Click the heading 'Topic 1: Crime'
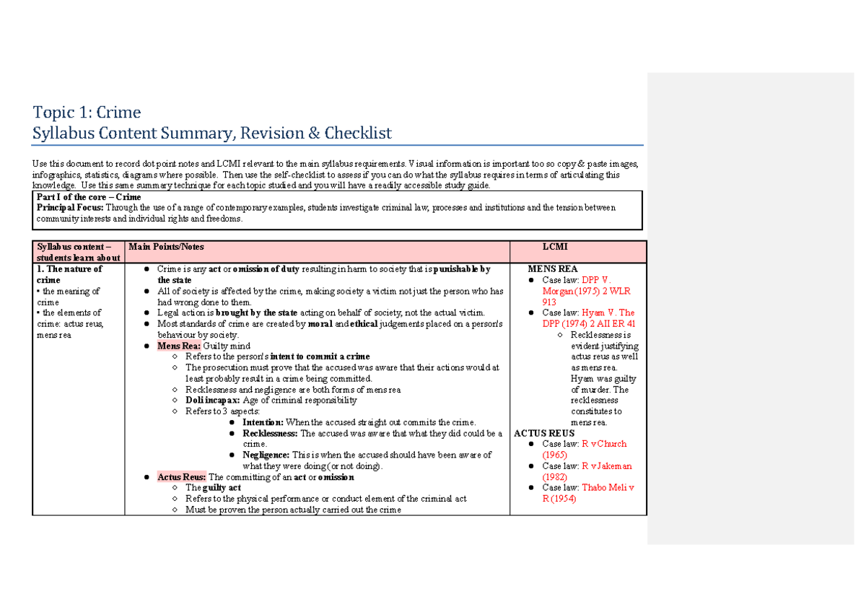pyautogui.click(x=87, y=113)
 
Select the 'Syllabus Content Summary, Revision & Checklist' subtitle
pyautogui.click(x=212, y=133)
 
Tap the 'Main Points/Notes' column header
pyautogui.click(x=166, y=247)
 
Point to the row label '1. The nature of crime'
pyautogui.click(x=69, y=274)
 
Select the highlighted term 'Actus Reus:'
pyautogui.click(x=181, y=477)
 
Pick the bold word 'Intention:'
pyautogui.click(x=263, y=422)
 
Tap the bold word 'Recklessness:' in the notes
pyautogui.click(x=270, y=434)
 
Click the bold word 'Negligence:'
pyautogui.click(x=266, y=455)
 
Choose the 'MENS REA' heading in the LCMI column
pyautogui.click(x=553, y=269)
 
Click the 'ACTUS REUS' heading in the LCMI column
pyautogui.click(x=544, y=434)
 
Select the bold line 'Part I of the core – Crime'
pyautogui.click(x=89, y=197)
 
